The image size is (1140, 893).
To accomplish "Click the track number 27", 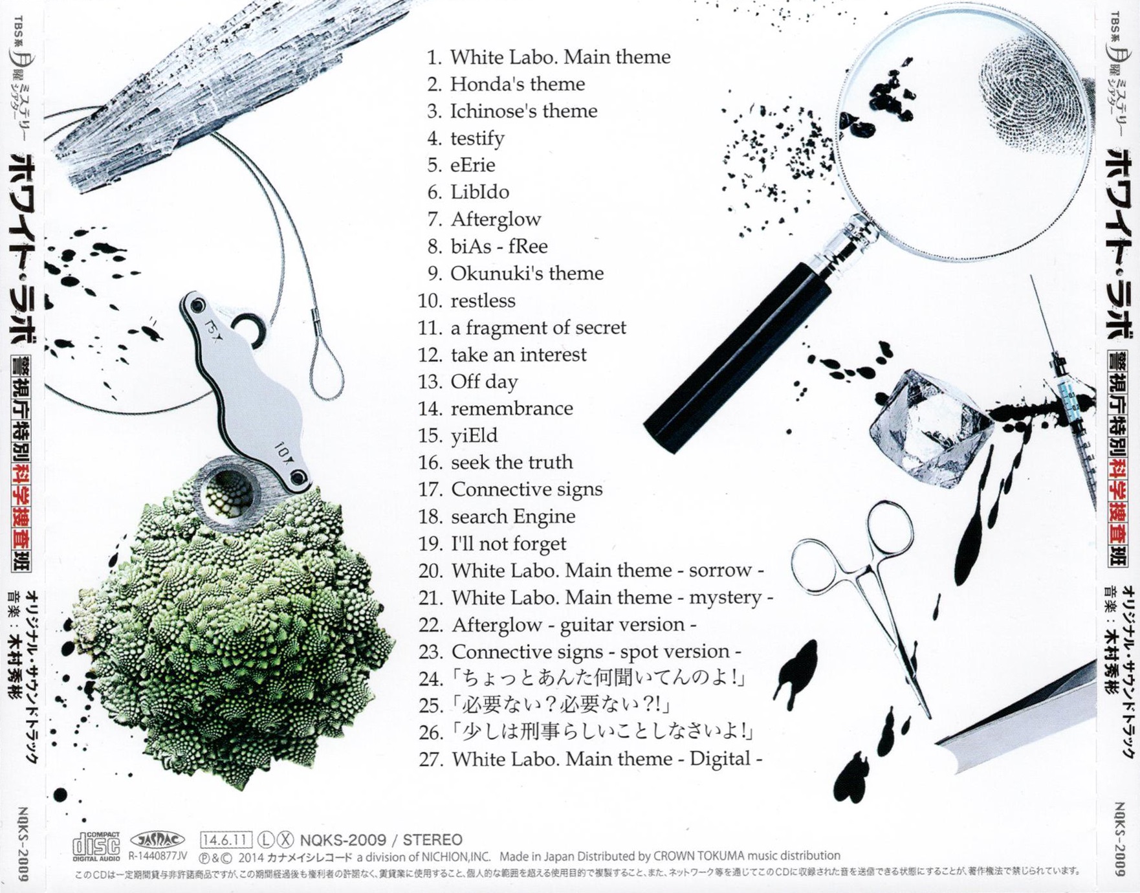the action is click(430, 759).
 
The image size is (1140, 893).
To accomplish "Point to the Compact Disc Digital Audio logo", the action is click(96, 846).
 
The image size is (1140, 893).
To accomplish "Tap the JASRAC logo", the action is click(157, 840).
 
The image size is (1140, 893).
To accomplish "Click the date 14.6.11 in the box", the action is click(225, 840).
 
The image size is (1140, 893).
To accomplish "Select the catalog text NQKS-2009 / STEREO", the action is click(381, 840).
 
